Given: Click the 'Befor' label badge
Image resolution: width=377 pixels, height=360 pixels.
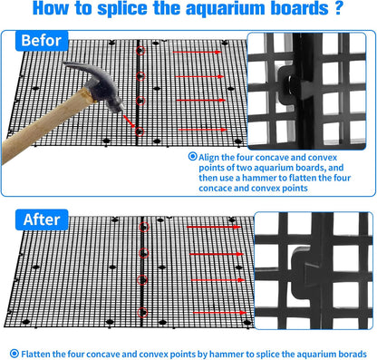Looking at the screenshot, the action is point(42,41).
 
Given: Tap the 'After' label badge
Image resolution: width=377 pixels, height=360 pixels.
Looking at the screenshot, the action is point(42,219).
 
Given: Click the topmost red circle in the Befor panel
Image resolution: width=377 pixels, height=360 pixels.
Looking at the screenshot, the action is point(140,51).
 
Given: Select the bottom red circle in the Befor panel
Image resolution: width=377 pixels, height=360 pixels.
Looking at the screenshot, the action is point(140,131).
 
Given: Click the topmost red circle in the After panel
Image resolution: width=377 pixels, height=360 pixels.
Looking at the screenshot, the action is point(144,228).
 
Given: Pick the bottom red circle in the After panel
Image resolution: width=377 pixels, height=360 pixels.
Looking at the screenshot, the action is point(142,313).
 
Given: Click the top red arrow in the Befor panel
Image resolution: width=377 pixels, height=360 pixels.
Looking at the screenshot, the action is point(198,53).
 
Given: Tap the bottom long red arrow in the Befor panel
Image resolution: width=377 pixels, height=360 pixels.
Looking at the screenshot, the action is point(202,130).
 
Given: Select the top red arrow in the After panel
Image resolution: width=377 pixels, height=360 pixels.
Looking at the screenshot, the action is point(214,227).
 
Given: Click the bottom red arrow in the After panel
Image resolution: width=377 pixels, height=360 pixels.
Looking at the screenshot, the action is point(219,313).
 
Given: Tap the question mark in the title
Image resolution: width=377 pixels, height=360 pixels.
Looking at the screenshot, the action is point(339,8).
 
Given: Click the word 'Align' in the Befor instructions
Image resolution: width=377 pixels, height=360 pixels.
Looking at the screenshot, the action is point(208,158).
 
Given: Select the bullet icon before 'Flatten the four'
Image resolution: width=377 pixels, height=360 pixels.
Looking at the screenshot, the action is point(14,354).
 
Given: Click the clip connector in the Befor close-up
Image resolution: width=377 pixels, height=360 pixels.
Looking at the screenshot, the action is point(295,84).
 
